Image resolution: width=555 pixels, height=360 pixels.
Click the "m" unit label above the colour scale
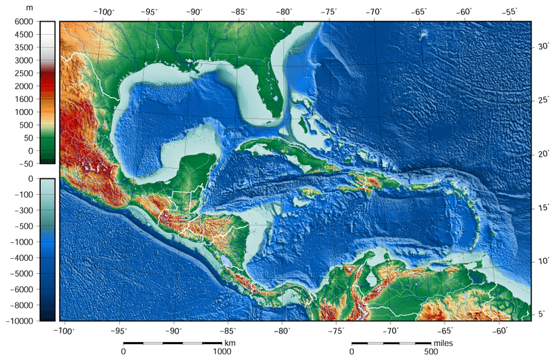tap(28, 8)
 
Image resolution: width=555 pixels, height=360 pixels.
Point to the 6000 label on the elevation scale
tap(24, 22)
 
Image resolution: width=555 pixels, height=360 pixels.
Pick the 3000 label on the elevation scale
tap(24, 60)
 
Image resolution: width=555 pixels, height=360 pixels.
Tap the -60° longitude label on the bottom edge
tap(501, 331)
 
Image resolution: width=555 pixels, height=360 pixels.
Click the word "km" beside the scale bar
tap(230, 343)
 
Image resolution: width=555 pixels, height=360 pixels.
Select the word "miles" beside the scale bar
tap(443, 343)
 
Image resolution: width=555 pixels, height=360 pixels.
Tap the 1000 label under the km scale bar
tap(222, 352)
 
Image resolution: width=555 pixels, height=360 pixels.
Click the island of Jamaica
tap(311, 192)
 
